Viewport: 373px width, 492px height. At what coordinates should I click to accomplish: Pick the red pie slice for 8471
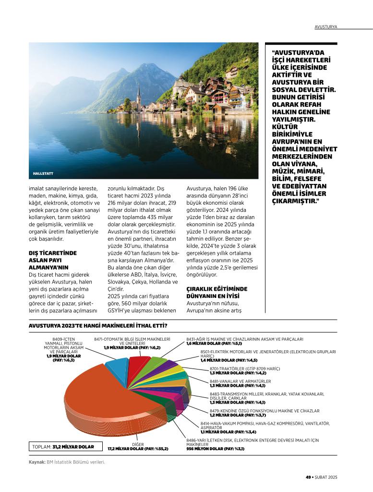[139, 365]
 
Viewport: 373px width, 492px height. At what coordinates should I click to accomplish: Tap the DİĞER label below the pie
[138, 444]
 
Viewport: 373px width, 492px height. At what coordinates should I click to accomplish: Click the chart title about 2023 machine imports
[100, 325]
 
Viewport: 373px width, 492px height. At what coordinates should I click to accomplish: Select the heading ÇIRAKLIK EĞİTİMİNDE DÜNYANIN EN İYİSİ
[217, 292]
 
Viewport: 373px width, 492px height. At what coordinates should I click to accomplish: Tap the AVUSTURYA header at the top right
[326, 26]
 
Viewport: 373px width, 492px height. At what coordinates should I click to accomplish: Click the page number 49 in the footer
[309, 477]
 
